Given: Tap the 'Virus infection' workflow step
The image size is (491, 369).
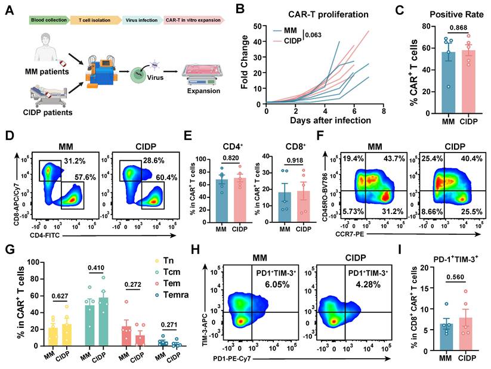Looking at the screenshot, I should point(141,20).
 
